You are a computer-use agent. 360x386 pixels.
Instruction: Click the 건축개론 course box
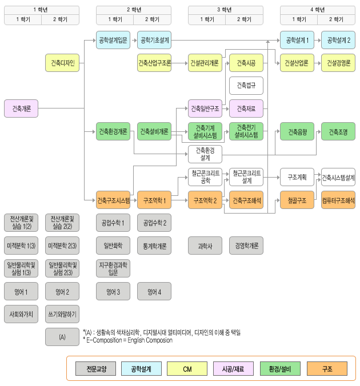[x=21, y=108]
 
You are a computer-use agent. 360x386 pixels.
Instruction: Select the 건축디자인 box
[x=62, y=63]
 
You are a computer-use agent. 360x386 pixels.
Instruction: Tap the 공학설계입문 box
[x=113, y=40]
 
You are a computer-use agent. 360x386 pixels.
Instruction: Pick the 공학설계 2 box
[x=338, y=40]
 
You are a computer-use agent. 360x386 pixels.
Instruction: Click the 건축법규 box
[x=246, y=86]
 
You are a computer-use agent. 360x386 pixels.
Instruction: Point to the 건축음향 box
[x=297, y=132]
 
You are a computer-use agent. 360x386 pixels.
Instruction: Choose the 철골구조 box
[x=297, y=200]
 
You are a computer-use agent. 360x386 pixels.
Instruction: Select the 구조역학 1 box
[x=154, y=200]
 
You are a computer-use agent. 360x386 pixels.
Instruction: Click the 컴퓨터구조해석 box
[x=338, y=200]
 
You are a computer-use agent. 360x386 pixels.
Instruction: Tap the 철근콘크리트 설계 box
[x=246, y=177]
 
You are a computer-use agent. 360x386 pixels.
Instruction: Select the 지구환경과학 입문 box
[x=113, y=268]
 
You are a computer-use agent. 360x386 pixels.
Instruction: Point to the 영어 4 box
[x=154, y=292]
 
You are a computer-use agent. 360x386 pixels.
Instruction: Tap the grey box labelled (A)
[x=62, y=337]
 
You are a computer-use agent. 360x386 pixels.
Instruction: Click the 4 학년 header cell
[x=317, y=9]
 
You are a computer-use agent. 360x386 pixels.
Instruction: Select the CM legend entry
[x=187, y=369]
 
